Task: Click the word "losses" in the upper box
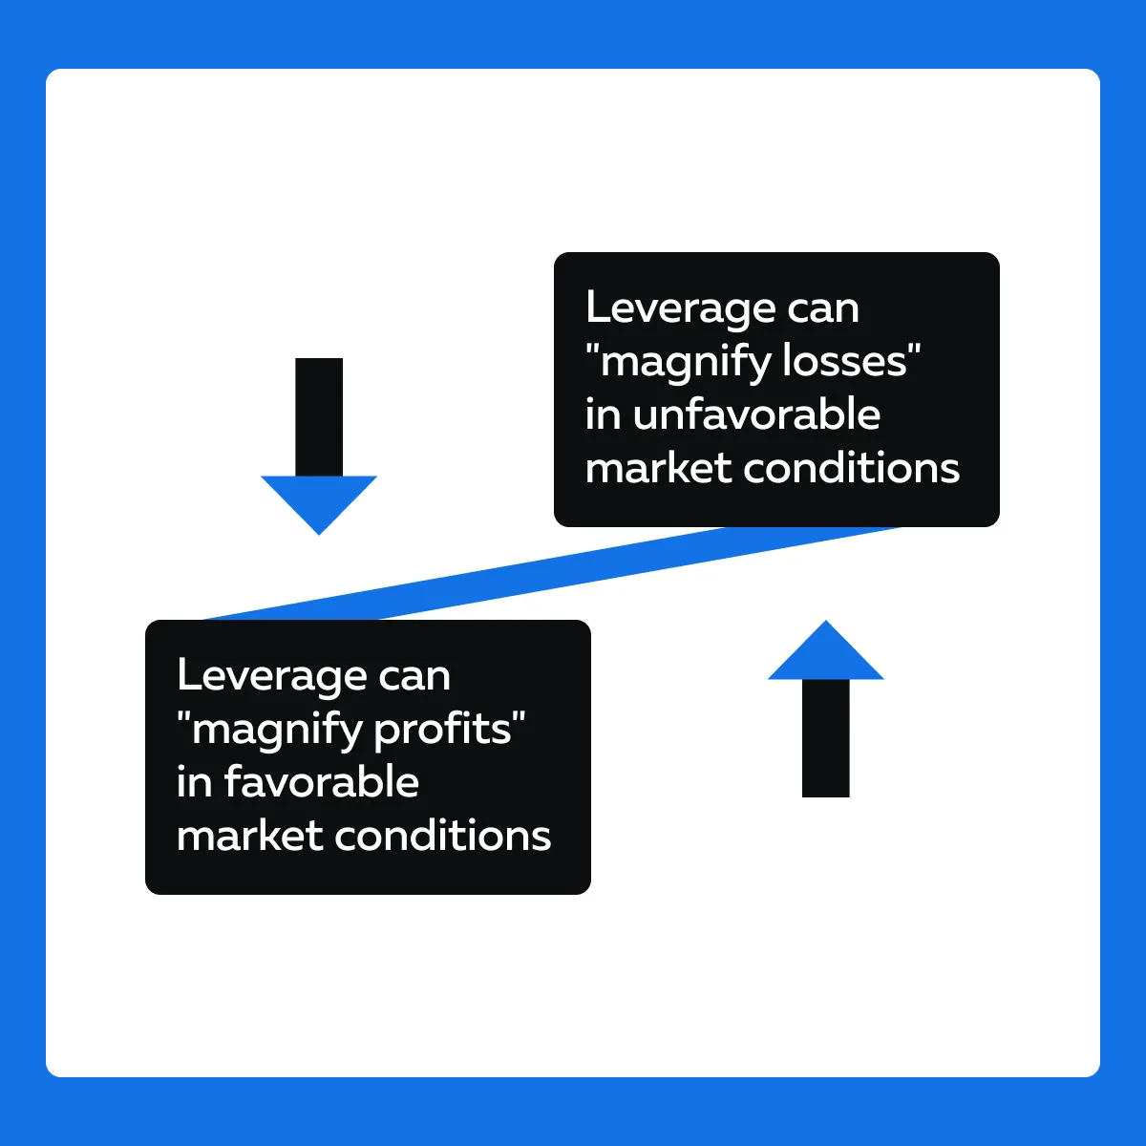(844, 361)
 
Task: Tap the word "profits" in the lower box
(443, 728)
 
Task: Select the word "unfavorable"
(756, 414)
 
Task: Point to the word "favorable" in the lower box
(322, 781)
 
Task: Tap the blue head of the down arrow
(319, 500)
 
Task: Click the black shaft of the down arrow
(319, 417)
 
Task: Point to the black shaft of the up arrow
(825, 738)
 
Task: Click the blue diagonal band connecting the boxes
(553, 573)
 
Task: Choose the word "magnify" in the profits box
(276, 732)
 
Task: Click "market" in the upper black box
(658, 467)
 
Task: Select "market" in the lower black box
(250, 835)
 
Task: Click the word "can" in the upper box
(823, 311)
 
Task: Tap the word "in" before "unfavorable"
(603, 414)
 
